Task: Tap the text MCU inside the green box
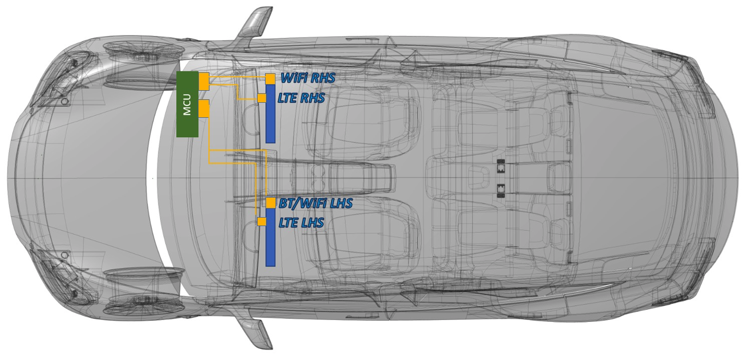187,104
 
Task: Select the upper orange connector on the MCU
204,80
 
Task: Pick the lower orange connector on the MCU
204,109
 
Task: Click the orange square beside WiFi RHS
270,79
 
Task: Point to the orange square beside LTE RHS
262,98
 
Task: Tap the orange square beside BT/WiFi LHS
271,203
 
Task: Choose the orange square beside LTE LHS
262,222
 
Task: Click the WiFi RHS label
308,78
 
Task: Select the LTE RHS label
301,98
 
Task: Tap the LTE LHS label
301,222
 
